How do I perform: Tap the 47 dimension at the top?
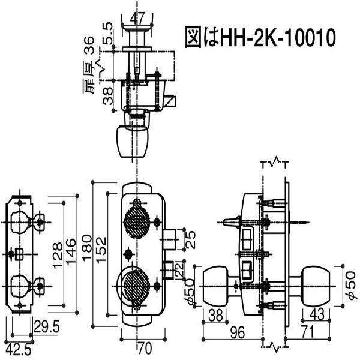(x=137, y=16)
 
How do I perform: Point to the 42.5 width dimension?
(x=15, y=348)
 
